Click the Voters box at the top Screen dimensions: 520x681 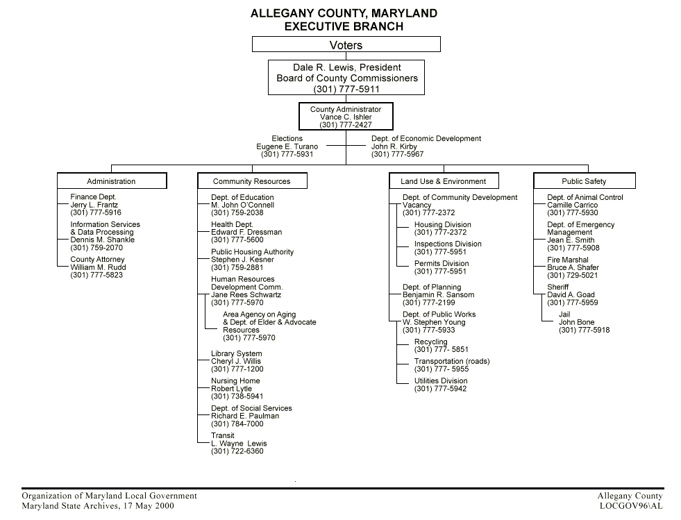[346, 44]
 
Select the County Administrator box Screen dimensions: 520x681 [346, 117]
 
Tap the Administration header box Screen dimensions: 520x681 [111, 181]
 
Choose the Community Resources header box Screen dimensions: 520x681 [251, 181]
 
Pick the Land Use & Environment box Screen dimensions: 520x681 [443, 181]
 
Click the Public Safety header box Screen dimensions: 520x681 [584, 181]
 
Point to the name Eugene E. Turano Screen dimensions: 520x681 [287, 146]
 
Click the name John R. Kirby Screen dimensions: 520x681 [394, 146]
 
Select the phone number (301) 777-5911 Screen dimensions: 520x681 [346, 89]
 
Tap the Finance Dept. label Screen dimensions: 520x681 [93, 197]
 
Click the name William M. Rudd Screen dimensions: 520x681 [98, 267]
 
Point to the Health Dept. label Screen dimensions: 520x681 [232, 225]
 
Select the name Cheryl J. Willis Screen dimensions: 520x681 [236, 361]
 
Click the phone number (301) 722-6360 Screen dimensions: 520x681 [237, 451]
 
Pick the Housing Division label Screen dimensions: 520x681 [442, 225]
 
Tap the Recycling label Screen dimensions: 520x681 [430, 342]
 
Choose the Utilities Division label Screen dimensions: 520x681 [441, 381]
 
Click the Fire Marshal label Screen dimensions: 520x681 [567, 260]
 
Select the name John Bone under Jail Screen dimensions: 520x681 [576, 322]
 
